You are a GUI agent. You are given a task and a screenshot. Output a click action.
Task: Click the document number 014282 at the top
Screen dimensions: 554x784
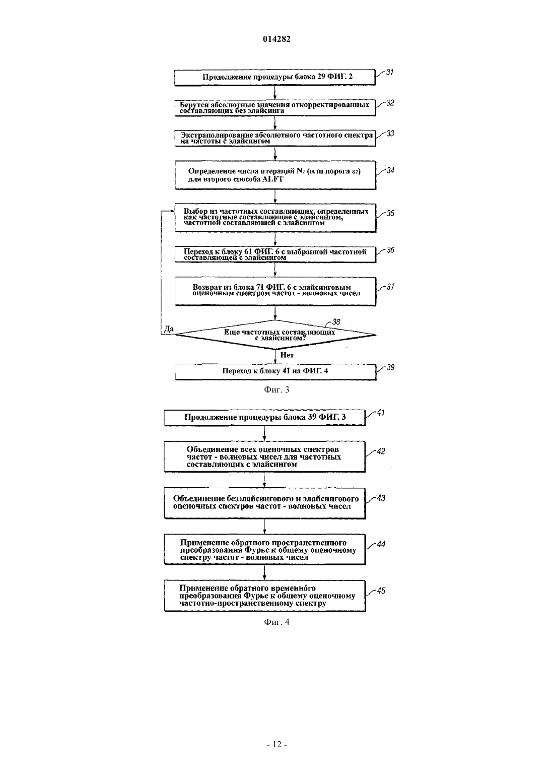(276, 39)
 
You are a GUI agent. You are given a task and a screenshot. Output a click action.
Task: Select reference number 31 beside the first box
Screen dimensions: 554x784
(390, 73)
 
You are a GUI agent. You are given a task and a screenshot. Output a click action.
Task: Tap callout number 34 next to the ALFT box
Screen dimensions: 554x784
(390, 170)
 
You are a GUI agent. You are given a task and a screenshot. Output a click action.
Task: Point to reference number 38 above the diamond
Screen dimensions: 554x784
(336, 321)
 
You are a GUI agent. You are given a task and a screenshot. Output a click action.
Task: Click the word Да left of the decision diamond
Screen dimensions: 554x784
(169, 329)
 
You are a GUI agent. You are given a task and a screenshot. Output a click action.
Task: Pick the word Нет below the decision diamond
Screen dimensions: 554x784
(287, 355)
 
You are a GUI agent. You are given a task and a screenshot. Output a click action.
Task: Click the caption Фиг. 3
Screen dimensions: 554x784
(276, 390)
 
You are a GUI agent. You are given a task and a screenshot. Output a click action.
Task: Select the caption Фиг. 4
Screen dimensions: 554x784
(276, 622)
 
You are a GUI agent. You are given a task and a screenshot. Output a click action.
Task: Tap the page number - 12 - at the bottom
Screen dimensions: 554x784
(276, 745)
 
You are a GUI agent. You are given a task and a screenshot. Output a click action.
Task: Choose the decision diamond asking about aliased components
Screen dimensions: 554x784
(275, 335)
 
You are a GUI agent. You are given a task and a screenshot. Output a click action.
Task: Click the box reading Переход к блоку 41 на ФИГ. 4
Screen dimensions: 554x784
(275, 372)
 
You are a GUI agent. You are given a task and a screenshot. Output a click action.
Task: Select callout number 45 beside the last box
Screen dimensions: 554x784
(381, 591)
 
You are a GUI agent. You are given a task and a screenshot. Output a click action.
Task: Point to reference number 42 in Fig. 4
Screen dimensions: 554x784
(381, 451)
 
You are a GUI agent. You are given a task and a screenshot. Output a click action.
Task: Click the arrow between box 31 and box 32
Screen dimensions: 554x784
(275, 92)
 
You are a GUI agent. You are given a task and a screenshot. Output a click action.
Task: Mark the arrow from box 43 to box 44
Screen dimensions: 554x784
(264, 526)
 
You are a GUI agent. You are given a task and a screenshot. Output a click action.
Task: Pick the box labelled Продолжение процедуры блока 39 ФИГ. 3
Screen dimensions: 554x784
(265, 418)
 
